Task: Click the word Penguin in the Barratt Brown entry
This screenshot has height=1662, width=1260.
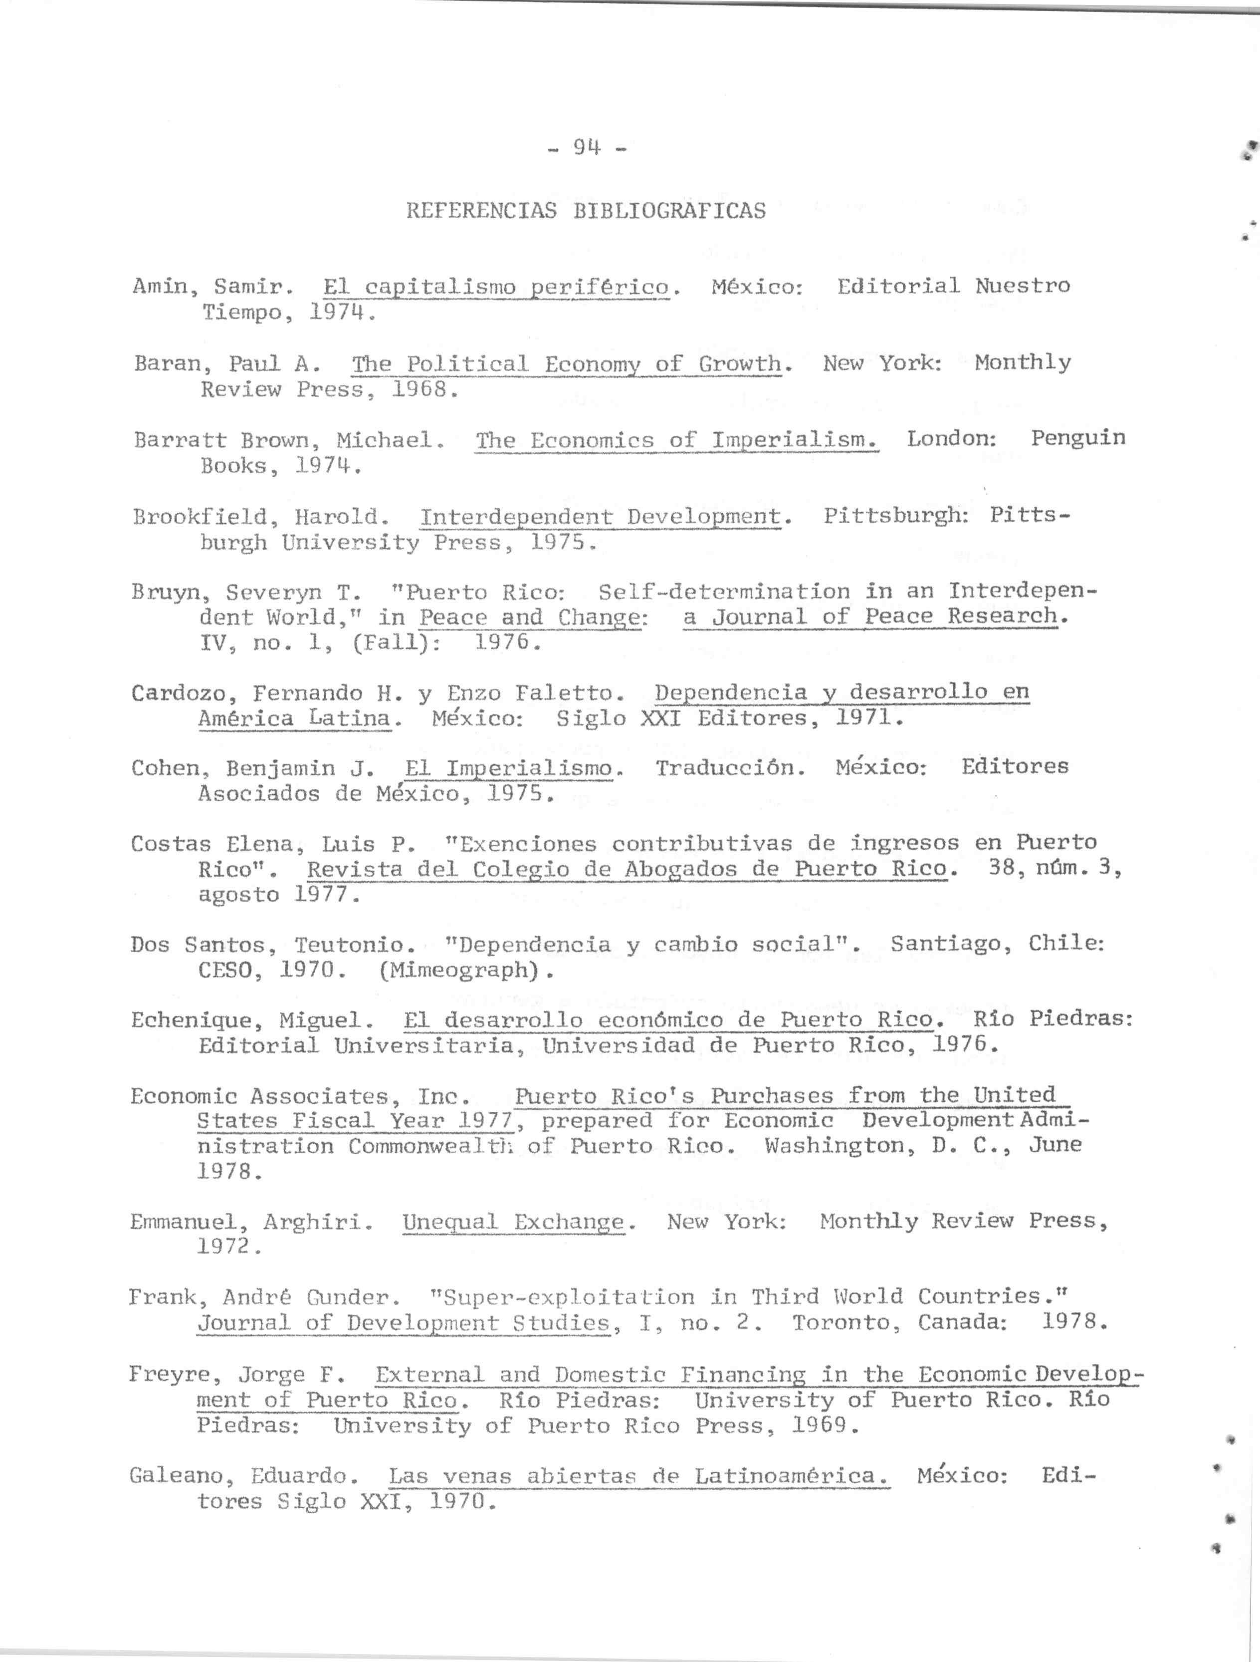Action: pos(1077,438)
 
